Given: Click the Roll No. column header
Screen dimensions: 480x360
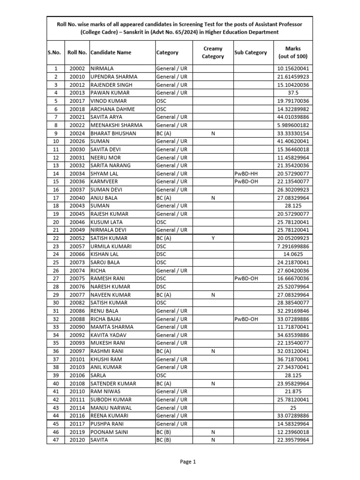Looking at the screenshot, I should (x=77, y=52).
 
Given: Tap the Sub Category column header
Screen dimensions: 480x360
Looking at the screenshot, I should (x=250, y=52).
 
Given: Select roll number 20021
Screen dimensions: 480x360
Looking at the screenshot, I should (x=77, y=117).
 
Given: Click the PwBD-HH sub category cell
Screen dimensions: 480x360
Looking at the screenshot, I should (x=247, y=173).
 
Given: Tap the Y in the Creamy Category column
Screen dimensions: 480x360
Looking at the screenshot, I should (x=213, y=238).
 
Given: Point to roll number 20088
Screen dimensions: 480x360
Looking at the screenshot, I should (x=77, y=319).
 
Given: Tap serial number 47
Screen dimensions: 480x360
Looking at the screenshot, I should (x=56, y=440).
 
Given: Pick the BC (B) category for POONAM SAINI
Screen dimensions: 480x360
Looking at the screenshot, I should (x=164, y=432).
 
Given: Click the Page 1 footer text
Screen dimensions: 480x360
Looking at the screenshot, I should (x=187, y=462).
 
